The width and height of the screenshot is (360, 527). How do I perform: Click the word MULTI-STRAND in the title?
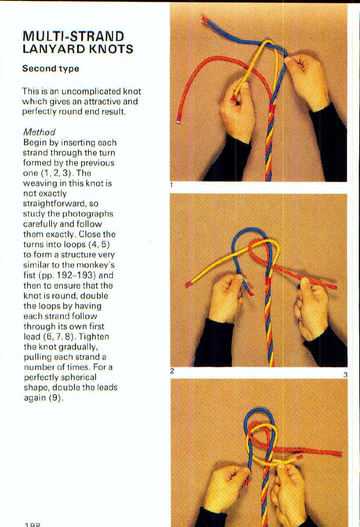click(73, 36)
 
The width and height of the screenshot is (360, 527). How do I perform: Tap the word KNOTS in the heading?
click(111, 49)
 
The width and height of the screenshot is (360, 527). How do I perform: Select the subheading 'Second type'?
click(51, 69)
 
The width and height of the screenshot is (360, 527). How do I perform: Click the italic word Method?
click(39, 132)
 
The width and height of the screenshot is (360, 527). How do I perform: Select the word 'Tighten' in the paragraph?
click(95, 337)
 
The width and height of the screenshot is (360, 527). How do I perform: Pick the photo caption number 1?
click(171, 185)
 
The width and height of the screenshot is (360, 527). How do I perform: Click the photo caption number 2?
click(172, 371)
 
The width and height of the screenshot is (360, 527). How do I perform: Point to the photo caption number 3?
click(345, 375)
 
